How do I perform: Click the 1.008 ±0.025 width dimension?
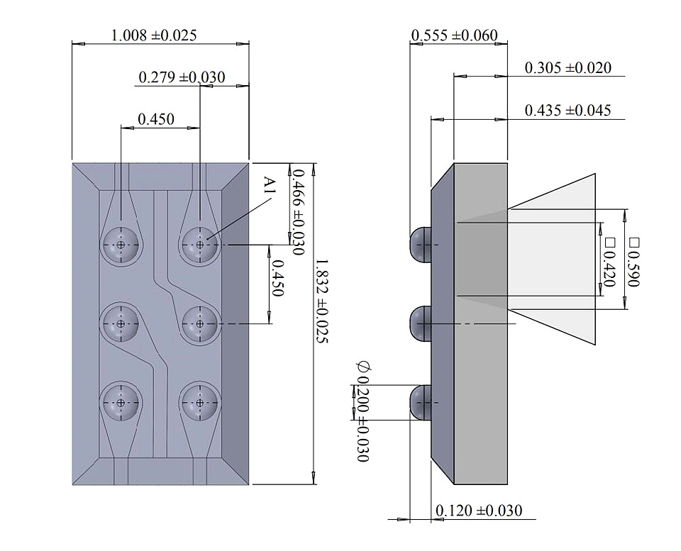coord(154,35)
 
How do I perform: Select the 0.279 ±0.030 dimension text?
coord(182,77)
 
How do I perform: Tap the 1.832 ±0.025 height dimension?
coord(322,301)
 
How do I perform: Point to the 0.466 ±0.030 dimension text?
coord(299,212)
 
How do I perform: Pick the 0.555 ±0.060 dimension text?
coord(454,35)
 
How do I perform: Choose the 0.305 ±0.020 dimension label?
coord(568,68)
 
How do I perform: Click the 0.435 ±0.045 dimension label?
coord(568,111)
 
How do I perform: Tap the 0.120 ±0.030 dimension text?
coord(479,511)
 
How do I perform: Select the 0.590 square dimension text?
coord(633,262)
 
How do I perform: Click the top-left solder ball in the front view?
coord(121,245)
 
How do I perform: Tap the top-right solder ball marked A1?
coord(200,245)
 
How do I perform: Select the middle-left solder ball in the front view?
coord(121,324)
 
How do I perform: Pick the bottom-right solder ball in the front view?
coord(200,403)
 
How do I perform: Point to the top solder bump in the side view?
coord(420,245)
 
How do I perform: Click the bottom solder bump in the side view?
coord(420,403)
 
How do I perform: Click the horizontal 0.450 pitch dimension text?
coord(156,119)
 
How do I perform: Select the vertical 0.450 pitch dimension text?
coord(277,278)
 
